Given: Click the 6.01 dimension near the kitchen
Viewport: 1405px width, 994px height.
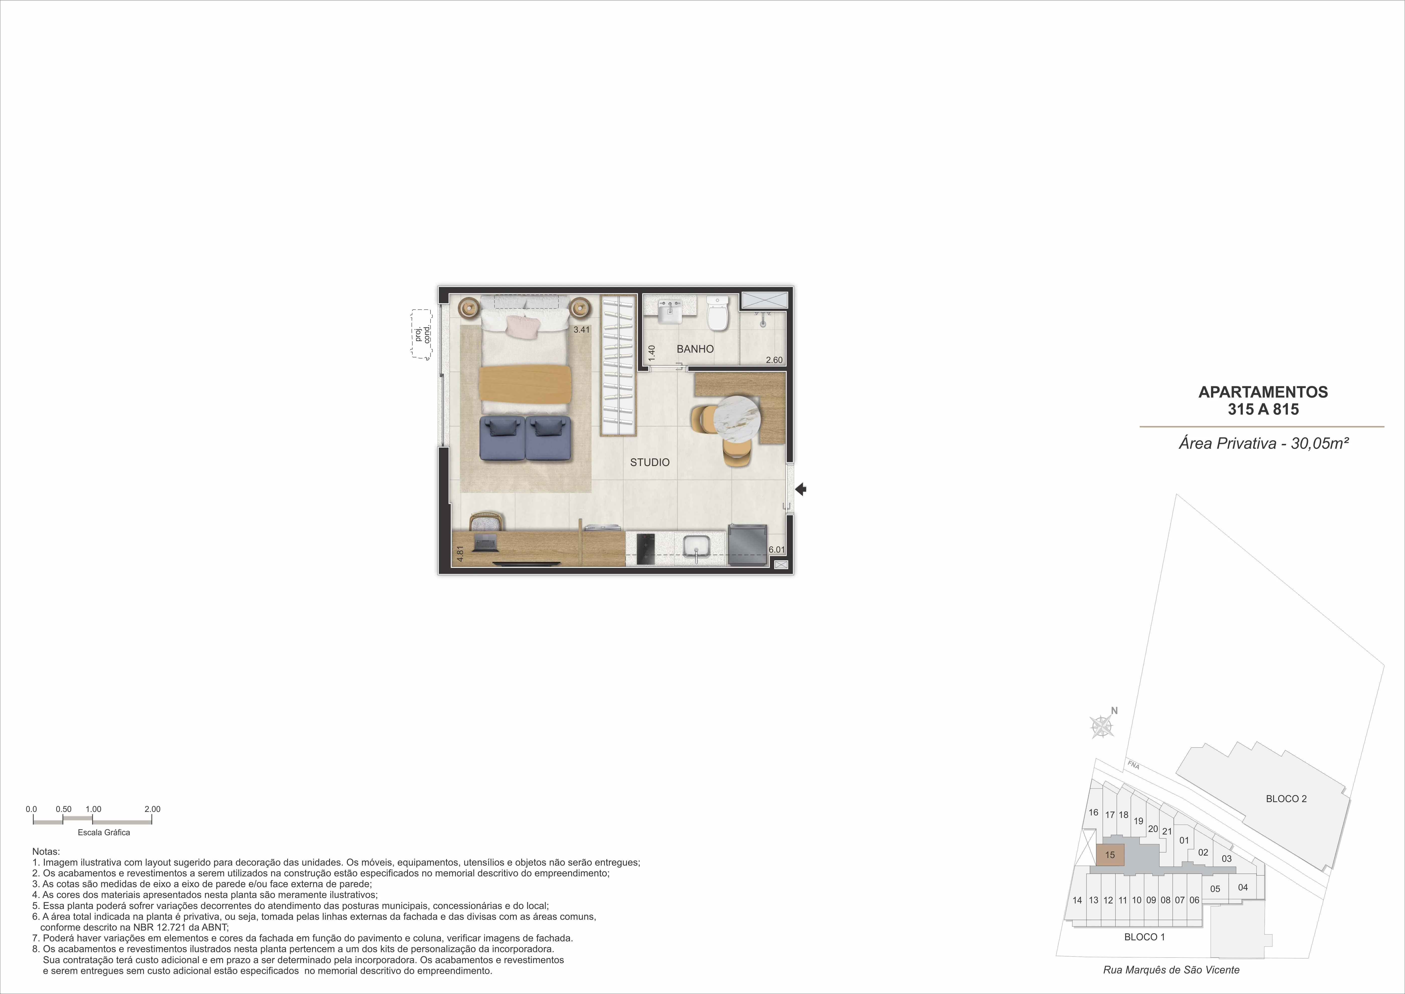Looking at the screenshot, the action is [x=777, y=550].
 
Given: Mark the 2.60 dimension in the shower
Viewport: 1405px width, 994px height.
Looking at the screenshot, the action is [x=774, y=360].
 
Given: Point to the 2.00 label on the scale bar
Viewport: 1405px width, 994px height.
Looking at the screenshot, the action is [x=152, y=809].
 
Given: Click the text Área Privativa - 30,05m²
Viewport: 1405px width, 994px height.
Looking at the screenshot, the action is [x=1264, y=443].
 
